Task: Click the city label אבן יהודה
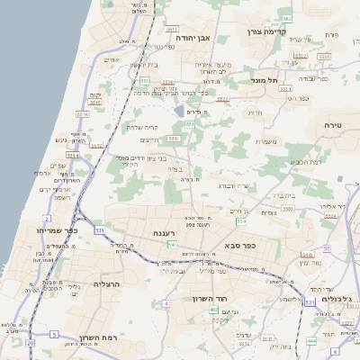point(193,40)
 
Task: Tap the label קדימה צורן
point(265,31)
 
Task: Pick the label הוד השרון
point(212,298)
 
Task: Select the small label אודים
point(112,60)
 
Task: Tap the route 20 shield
point(30,343)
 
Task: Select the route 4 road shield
point(166,303)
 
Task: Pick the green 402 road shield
point(213,310)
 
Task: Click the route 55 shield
point(328,247)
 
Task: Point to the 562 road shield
point(286,18)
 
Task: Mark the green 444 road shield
point(310,341)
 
